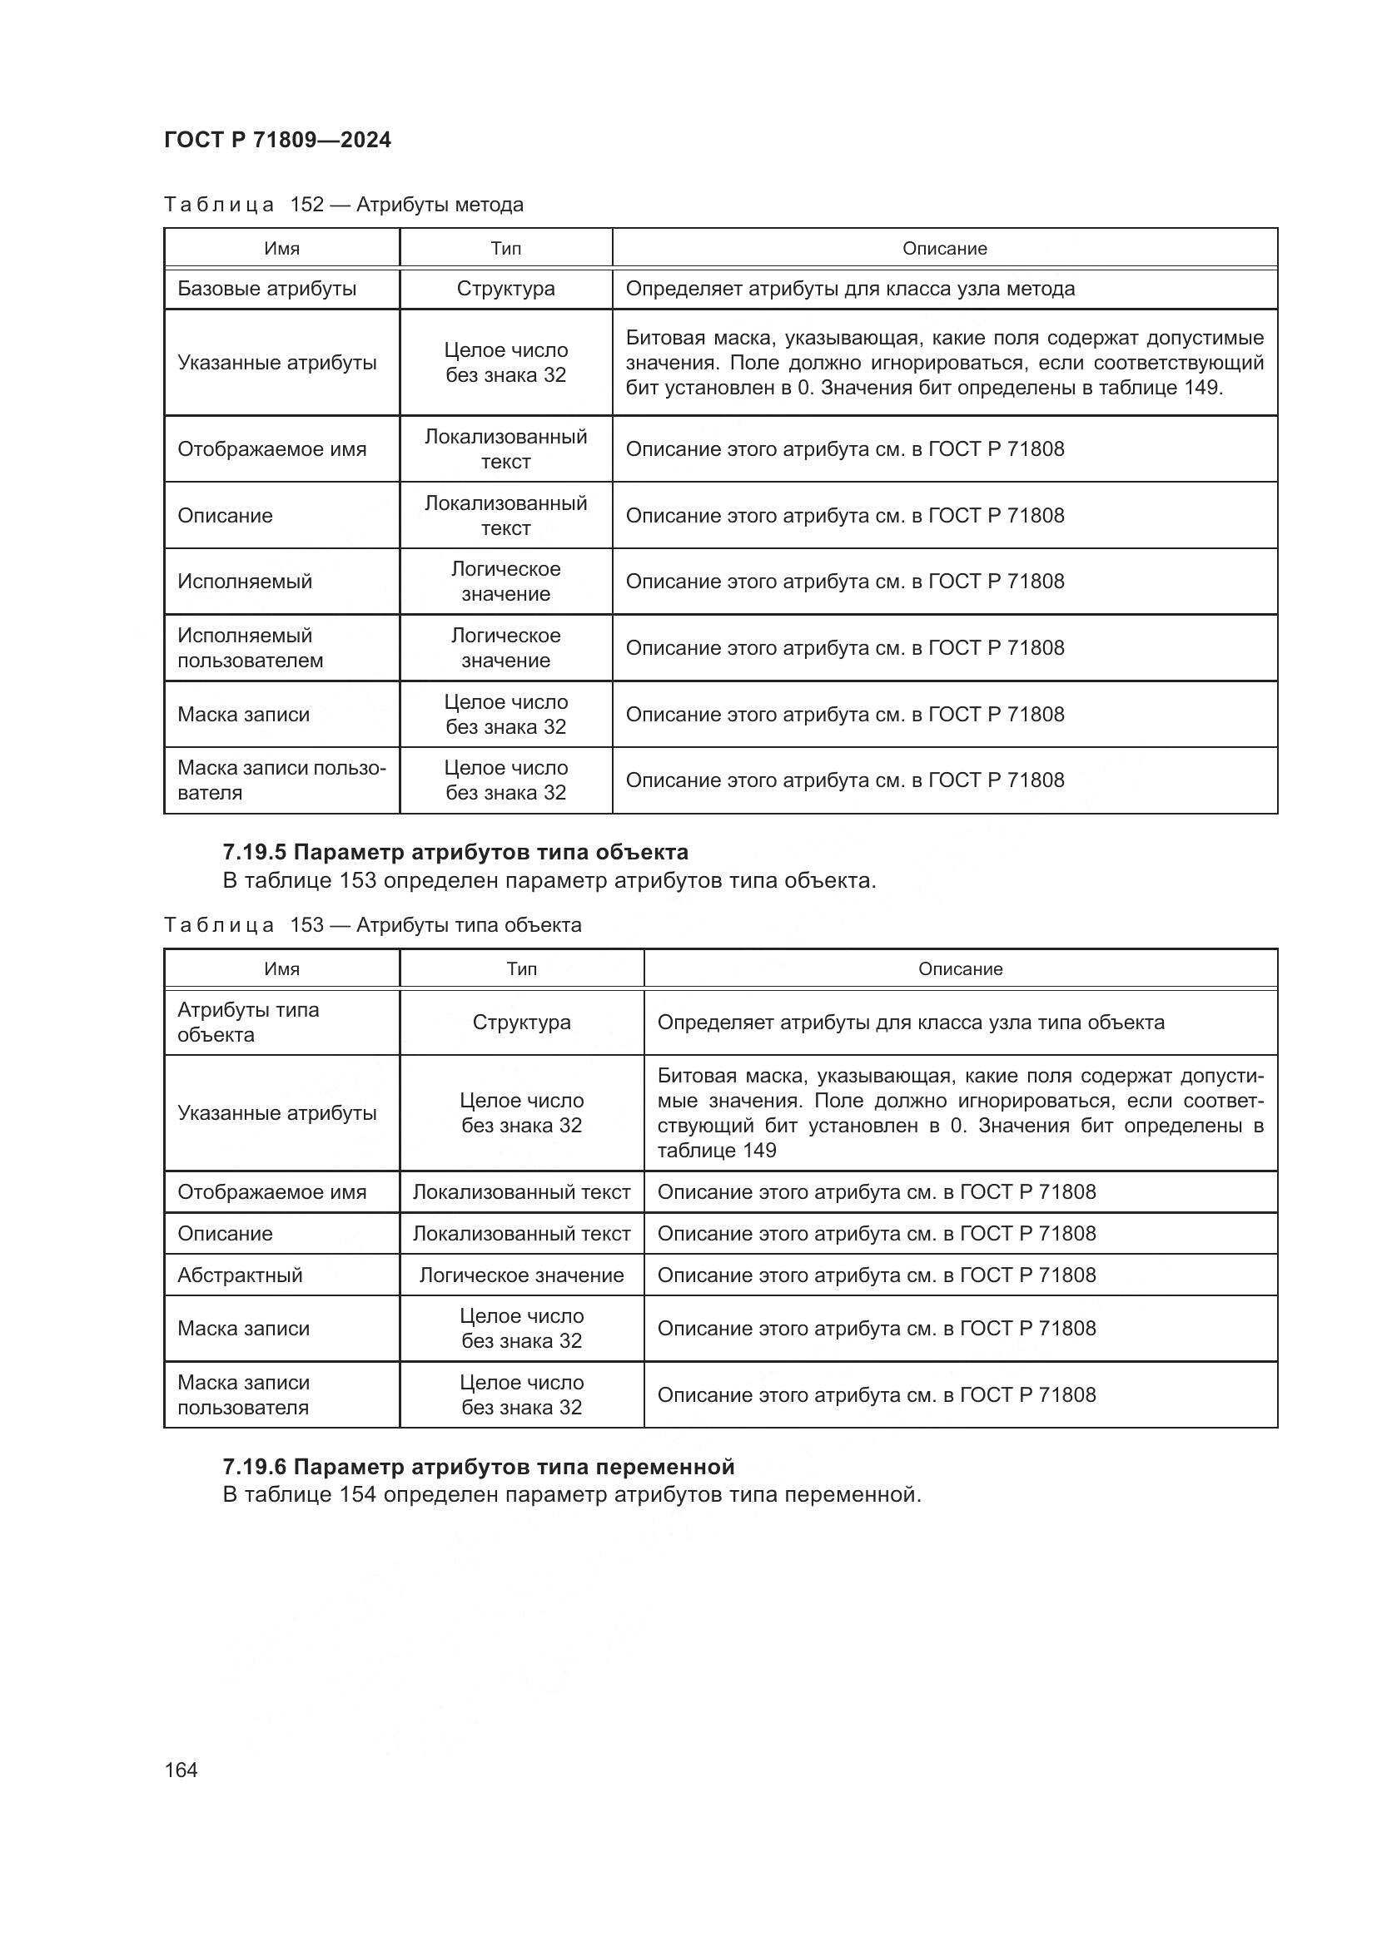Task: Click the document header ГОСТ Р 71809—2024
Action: tap(277, 140)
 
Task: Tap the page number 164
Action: tap(181, 1770)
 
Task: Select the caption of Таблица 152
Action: tap(343, 205)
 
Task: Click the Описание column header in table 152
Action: tap(944, 248)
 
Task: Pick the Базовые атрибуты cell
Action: tap(267, 289)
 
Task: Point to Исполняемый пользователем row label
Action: tap(250, 647)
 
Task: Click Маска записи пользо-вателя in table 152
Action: tap(281, 780)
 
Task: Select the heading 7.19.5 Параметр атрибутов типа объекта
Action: tap(455, 852)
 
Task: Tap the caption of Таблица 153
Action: tap(372, 924)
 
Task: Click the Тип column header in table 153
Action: tap(521, 968)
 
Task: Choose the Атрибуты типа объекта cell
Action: tap(247, 1023)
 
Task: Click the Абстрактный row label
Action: tap(240, 1275)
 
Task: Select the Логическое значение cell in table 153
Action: tap(521, 1275)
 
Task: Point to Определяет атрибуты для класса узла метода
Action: tap(850, 289)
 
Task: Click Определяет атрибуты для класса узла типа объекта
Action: tap(911, 1023)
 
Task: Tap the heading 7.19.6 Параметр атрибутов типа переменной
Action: tap(478, 1466)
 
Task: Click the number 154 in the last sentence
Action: tap(357, 1494)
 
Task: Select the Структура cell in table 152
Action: tap(505, 289)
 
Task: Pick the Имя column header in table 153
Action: tap(281, 968)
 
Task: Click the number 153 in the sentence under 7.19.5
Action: tap(357, 880)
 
